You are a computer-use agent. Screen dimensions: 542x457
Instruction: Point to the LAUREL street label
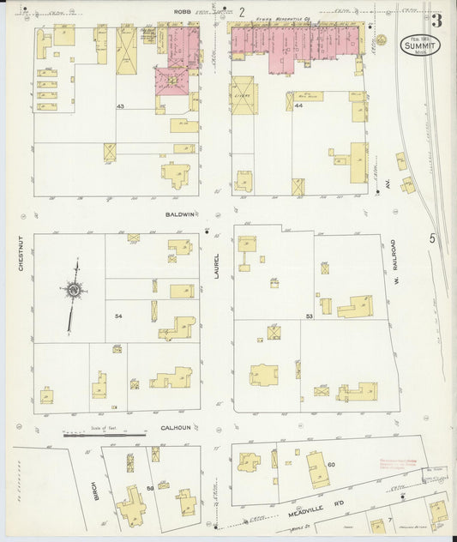217,268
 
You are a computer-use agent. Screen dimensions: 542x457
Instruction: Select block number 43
121,106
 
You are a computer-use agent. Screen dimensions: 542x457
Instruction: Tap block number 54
120,316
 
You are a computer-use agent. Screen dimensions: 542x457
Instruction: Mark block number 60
330,464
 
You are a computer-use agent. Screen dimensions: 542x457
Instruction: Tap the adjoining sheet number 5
433,239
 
